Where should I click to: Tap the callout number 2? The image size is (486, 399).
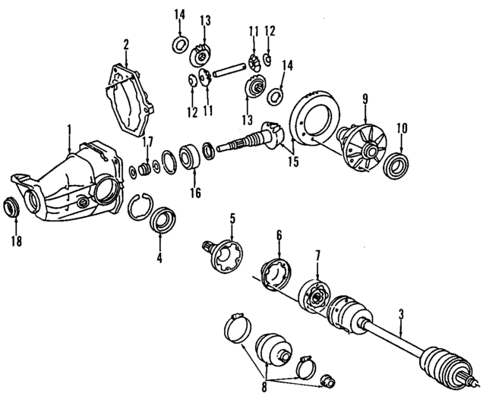click(x=126, y=45)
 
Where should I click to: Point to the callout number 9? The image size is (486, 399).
click(x=364, y=99)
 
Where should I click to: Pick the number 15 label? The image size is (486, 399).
click(x=292, y=161)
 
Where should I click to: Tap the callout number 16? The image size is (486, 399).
click(x=195, y=193)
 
